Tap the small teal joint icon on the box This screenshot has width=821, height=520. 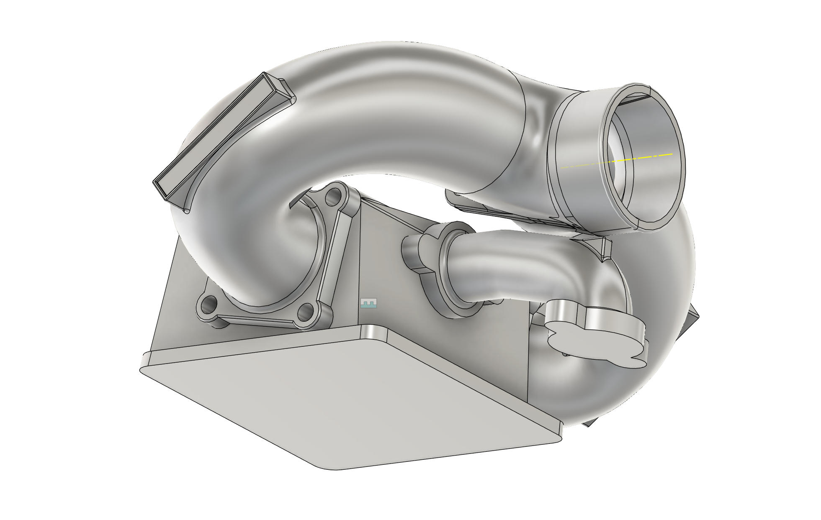point(368,303)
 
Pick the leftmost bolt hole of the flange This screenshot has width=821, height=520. point(208,305)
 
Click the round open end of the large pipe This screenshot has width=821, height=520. point(643,159)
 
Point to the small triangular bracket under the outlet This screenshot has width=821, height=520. point(605,249)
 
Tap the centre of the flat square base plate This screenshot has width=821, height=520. point(352,397)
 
